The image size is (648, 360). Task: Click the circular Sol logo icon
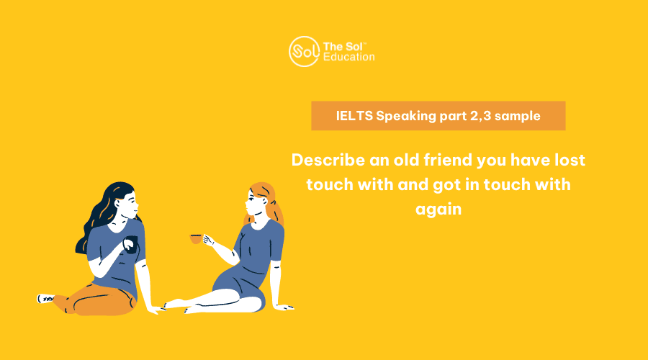[x=304, y=52]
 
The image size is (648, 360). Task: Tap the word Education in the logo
[x=348, y=57]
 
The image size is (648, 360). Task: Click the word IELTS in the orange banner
[x=354, y=116]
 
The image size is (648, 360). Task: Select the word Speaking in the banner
[x=406, y=116]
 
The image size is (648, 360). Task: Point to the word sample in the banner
[x=518, y=116]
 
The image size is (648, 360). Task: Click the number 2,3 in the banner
[x=481, y=116]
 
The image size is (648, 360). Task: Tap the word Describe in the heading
[x=328, y=160]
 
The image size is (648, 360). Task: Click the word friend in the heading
[x=448, y=160]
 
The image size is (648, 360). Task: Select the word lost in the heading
[x=570, y=160]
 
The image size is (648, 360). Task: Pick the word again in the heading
[x=438, y=210]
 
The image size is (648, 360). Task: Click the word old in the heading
[x=406, y=160]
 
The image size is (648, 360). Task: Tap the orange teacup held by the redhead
[x=196, y=238]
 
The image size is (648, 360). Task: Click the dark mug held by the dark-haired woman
[x=131, y=244]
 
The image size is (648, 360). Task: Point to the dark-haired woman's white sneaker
[x=46, y=298]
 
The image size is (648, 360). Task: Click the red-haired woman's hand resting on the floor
[x=284, y=307]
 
